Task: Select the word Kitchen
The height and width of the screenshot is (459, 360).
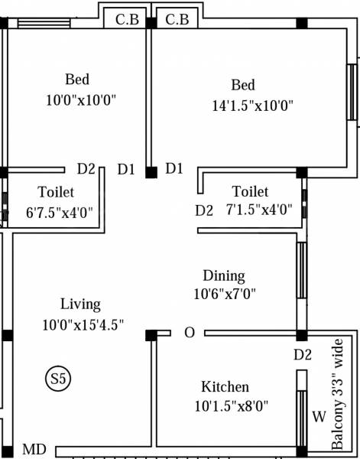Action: click(225, 386)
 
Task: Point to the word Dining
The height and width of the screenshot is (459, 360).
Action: click(223, 275)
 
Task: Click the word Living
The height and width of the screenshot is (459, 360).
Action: click(80, 304)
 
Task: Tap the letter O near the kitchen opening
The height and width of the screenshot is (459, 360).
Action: click(189, 333)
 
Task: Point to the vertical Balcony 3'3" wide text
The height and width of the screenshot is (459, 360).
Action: click(339, 394)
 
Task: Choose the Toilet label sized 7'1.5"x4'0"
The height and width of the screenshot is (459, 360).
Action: click(251, 191)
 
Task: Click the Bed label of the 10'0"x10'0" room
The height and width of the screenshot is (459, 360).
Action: click(77, 80)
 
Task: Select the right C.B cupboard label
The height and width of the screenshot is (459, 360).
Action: click(177, 19)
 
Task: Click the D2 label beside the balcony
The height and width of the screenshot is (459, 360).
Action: click(303, 354)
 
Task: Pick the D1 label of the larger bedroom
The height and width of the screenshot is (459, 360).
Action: click(174, 168)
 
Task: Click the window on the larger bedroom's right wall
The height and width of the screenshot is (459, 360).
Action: click(352, 92)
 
